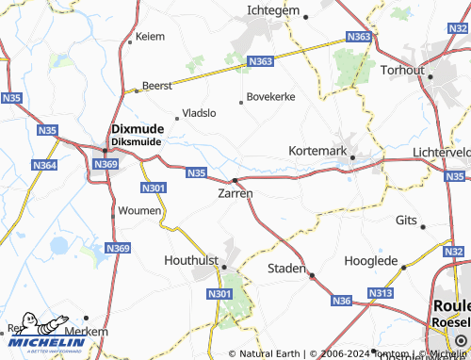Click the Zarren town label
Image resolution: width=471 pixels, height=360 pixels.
pyautogui.click(x=235, y=193)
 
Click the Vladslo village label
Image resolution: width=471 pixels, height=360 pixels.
pyautogui.click(x=199, y=112)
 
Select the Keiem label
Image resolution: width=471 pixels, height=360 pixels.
pyautogui.click(x=150, y=37)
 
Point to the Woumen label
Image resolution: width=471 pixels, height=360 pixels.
pyautogui.click(x=140, y=211)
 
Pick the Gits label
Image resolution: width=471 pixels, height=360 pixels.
pyautogui.click(x=406, y=219)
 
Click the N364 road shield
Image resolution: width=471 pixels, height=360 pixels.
pyautogui.click(x=44, y=165)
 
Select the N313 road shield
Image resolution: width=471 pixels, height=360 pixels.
pyautogui.click(x=381, y=294)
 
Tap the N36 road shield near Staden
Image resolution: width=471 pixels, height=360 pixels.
pyautogui.click(x=342, y=301)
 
